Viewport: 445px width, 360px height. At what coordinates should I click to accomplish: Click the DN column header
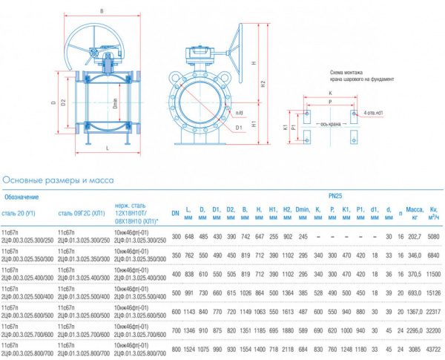click(176, 214)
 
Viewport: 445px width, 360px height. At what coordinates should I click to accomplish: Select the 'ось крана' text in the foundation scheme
click(327, 125)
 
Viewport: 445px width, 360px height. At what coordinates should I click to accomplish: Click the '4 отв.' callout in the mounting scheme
click(372, 114)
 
